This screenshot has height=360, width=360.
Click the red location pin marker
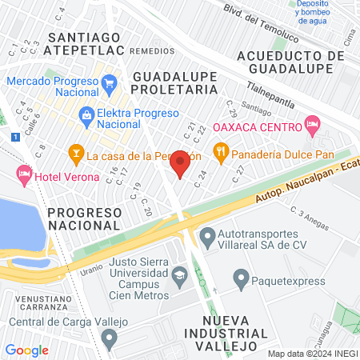[181, 163]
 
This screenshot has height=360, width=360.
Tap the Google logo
[27, 350]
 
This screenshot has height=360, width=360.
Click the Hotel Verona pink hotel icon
[24, 173]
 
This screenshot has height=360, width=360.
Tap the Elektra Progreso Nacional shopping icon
[86, 115]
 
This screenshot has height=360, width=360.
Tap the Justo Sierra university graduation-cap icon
[179, 277]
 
